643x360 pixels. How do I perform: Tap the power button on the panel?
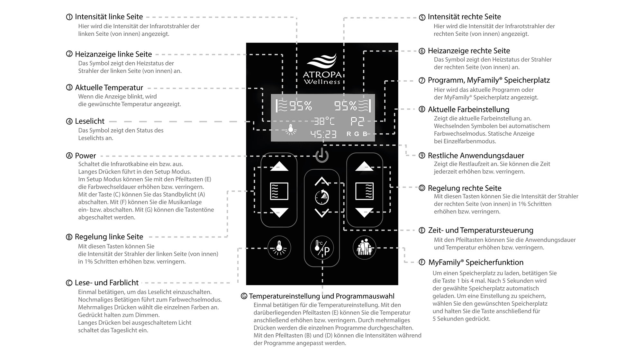[x=322, y=156]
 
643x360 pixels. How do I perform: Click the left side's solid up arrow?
[x=279, y=166]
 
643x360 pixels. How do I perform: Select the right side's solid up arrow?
[x=364, y=166]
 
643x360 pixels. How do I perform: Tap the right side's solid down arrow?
[x=364, y=212]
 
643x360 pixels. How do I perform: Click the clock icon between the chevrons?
[x=322, y=197]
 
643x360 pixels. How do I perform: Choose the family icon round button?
[x=364, y=248]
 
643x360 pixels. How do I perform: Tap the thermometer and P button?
[x=322, y=248]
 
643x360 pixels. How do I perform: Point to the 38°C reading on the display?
[x=324, y=121]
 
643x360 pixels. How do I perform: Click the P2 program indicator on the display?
[x=357, y=122]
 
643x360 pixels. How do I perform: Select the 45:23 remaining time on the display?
[x=323, y=134]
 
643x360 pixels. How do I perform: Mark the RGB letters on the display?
[x=357, y=134]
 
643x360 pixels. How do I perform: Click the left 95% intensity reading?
[x=301, y=106]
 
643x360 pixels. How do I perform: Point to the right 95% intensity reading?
[x=345, y=106]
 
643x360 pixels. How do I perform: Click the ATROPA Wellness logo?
[x=322, y=69]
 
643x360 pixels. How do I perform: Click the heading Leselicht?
[x=90, y=122]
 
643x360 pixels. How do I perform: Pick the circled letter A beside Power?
[x=69, y=156]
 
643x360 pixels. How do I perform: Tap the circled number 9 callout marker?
[x=422, y=156]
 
